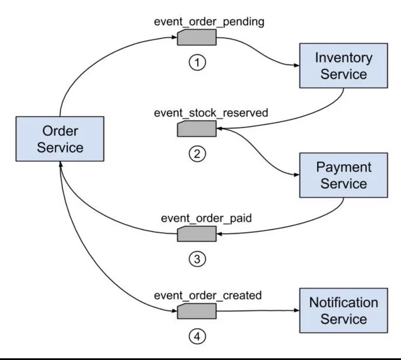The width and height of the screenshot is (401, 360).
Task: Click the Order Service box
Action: tap(60, 139)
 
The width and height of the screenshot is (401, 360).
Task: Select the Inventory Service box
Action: tap(343, 66)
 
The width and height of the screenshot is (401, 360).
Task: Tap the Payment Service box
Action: tap(343, 175)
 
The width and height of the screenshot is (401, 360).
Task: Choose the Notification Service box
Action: tap(343, 310)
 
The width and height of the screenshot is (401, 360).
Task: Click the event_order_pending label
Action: tap(209, 22)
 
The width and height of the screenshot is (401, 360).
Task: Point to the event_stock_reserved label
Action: tap(211, 113)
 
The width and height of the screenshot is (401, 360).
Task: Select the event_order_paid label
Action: tap(206, 218)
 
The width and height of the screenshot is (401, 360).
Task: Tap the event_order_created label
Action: tap(208, 296)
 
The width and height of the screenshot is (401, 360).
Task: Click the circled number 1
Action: tap(197, 63)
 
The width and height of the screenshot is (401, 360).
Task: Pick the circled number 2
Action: tap(197, 154)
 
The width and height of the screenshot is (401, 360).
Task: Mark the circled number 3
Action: tap(197, 259)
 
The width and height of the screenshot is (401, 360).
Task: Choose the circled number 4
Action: tap(197, 336)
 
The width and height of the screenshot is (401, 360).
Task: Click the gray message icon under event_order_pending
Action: tap(196, 37)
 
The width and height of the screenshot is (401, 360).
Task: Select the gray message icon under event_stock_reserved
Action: tap(196, 129)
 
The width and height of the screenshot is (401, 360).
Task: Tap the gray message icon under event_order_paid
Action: tap(196, 234)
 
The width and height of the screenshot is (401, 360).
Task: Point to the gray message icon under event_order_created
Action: tap(196, 311)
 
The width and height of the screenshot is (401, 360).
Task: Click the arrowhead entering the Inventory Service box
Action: tap(297, 66)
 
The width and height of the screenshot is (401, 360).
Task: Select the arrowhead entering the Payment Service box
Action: tap(297, 175)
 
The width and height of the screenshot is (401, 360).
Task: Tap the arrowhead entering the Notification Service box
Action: tap(297, 310)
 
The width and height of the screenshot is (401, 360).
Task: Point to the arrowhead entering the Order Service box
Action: tap(61, 164)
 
